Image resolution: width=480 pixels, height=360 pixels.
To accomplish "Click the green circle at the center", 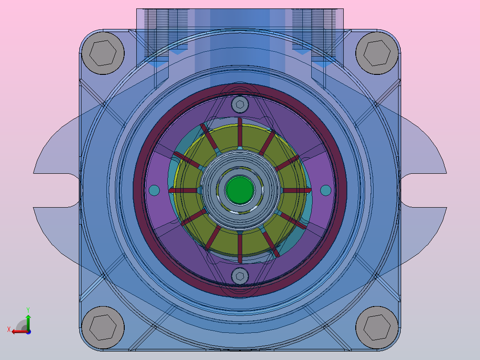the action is (x=240, y=190).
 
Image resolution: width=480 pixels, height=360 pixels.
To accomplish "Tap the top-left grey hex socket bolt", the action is (x=103, y=53).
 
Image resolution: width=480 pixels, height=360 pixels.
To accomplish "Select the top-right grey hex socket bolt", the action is (x=377, y=53).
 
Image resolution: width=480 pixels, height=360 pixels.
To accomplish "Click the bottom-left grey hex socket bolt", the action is (x=103, y=327).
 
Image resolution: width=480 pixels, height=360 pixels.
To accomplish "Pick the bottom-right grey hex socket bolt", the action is (x=377, y=327).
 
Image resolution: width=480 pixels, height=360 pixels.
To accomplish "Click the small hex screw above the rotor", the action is (x=240, y=104).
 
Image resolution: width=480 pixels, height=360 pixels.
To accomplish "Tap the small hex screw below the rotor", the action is (x=240, y=276).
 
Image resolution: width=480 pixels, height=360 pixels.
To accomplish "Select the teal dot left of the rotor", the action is (x=154, y=190).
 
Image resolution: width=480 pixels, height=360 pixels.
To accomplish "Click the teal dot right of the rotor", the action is (x=326, y=190).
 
